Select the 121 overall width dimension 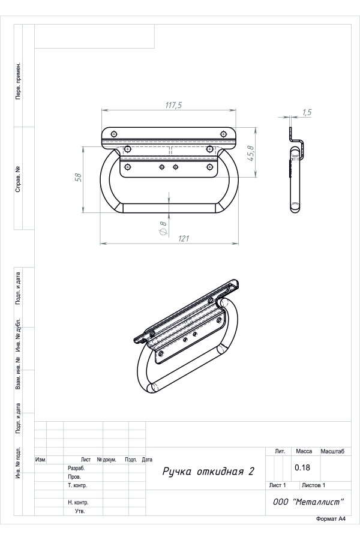tap(184, 238)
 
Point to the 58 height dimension tap(79, 177)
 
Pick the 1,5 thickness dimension tap(307, 112)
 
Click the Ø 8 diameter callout tap(163, 228)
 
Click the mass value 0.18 tap(302, 467)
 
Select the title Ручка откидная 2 tap(208, 471)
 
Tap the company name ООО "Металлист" tap(308, 502)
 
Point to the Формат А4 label tap(331, 518)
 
